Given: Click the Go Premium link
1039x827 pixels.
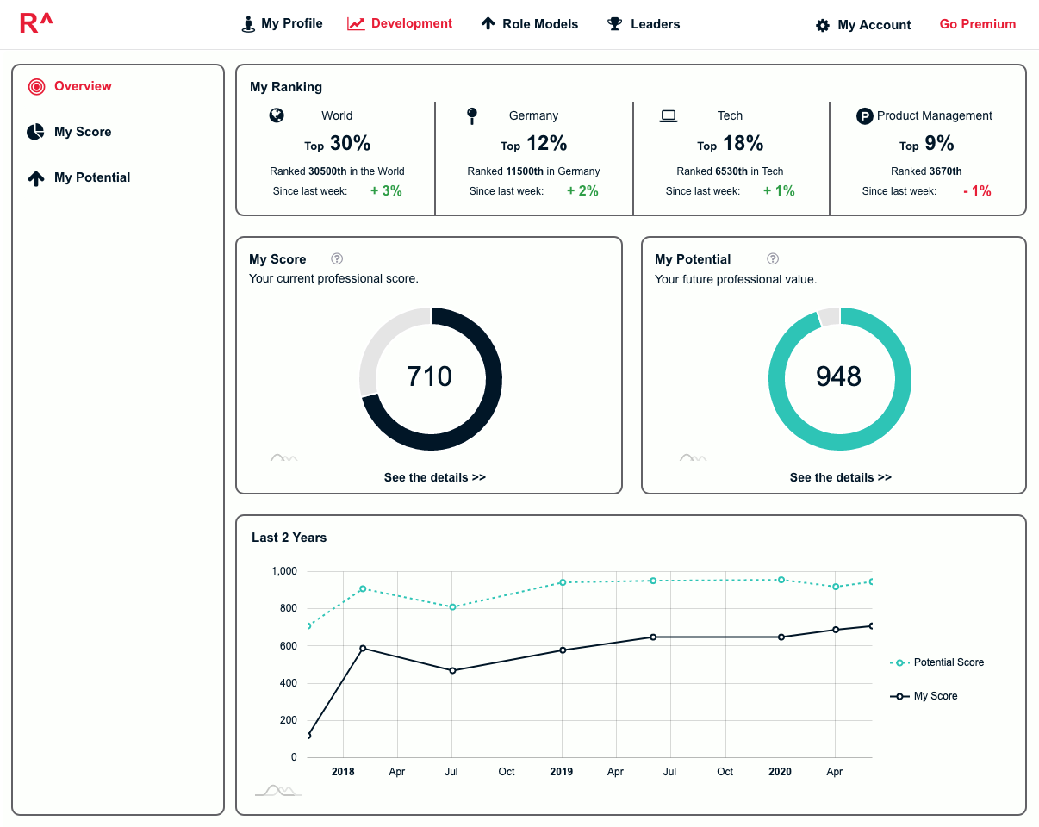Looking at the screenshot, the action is [977, 24].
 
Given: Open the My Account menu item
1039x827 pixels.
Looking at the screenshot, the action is [863, 25].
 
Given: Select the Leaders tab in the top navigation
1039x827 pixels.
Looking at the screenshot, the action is [643, 23].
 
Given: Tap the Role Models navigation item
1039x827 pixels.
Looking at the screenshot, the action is [530, 23].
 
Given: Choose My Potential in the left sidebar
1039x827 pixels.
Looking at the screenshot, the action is [78, 177].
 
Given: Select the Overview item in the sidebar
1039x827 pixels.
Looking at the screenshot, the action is [70, 86].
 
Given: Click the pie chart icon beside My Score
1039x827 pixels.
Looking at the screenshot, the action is [35, 132].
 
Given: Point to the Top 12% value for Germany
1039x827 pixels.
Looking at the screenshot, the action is [533, 143].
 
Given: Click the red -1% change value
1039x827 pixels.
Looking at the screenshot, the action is [977, 190].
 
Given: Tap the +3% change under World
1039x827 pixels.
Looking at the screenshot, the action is [386, 190].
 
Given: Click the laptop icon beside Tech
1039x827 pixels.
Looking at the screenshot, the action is [669, 116].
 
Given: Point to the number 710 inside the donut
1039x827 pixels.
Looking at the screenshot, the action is [429, 376].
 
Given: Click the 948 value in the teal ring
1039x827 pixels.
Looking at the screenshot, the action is [838, 376].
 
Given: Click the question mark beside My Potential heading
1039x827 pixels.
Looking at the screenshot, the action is [773, 259].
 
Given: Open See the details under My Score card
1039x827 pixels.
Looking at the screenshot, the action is [434, 477].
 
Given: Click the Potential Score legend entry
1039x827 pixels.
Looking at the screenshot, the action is [936, 662].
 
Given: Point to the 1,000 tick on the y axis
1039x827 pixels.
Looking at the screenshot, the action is [284, 571].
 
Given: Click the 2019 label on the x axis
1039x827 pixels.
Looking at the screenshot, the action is [561, 772].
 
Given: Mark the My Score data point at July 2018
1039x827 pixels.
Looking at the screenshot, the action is [452, 670].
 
